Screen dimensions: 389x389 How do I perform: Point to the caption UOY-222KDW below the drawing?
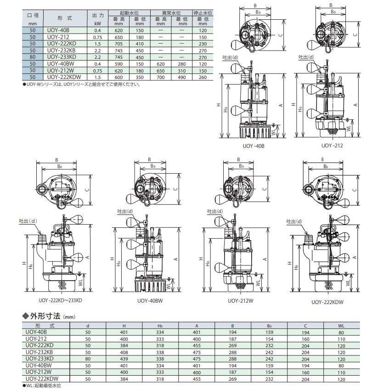(327, 302)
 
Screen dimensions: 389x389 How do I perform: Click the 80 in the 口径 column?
(33, 58)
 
